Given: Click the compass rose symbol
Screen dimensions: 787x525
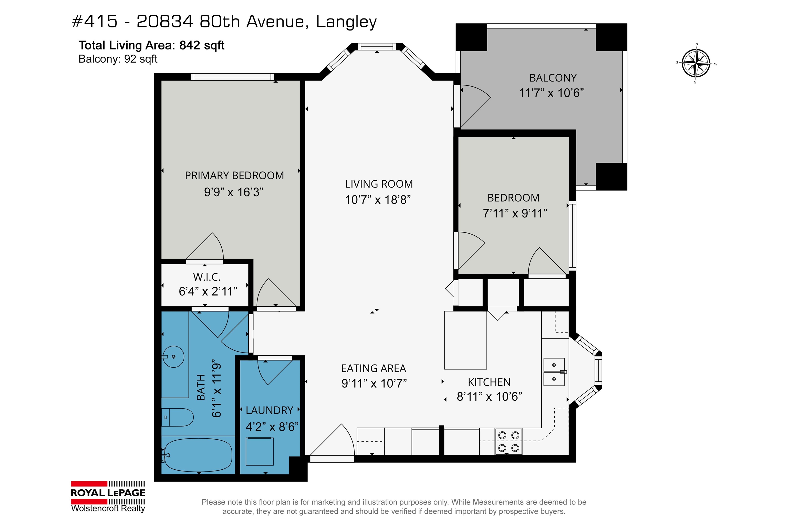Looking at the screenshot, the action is [x=696, y=63].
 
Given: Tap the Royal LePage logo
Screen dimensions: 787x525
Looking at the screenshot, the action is [x=108, y=496].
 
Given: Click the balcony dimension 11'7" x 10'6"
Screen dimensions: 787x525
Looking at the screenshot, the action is [x=551, y=93].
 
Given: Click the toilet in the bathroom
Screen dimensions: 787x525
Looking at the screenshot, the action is [x=177, y=417].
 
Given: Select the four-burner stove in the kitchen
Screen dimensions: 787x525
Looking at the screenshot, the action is [x=509, y=441].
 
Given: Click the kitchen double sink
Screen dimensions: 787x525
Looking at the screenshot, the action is [x=554, y=372].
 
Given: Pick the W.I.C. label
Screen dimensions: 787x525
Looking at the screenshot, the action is [x=207, y=277].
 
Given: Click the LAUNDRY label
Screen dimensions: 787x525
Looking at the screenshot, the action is [x=269, y=410].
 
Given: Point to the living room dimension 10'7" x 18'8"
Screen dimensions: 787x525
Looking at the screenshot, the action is [x=378, y=199].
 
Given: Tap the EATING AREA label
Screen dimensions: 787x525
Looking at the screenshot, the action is [x=374, y=368].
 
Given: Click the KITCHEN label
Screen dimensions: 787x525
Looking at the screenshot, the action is [x=489, y=382].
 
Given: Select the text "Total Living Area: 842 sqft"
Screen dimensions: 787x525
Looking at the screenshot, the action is [x=151, y=45].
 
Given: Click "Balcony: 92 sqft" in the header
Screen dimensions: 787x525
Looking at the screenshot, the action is [x=118, y=59].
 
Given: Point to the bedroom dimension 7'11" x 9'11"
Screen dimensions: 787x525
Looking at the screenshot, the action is [x=515, y=213].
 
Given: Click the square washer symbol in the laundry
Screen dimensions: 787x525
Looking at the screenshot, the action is [x=260, y=451].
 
